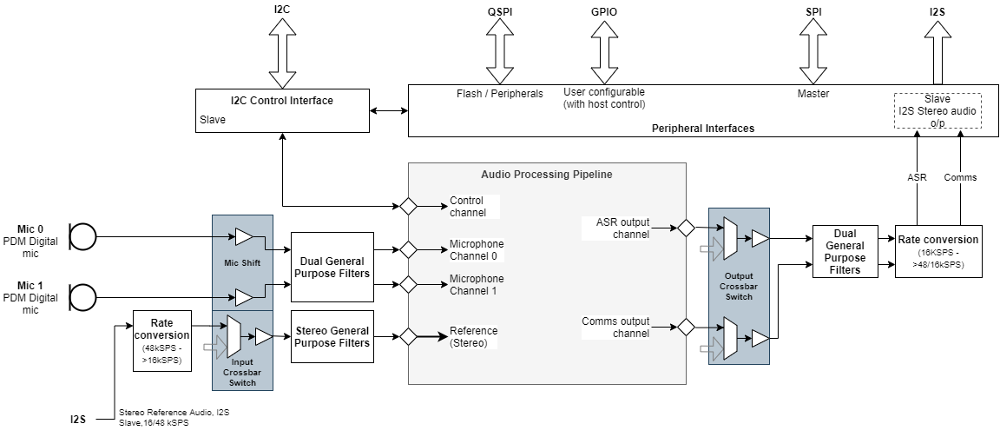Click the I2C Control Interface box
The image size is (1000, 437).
(282, 111)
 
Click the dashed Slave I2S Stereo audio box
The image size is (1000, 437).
(937, 110)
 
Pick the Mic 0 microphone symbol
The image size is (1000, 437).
(82, 235)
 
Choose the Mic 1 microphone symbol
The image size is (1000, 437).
(82, 296)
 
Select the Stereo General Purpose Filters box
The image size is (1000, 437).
(332, 336)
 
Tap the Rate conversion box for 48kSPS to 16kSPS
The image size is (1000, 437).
(161, 341)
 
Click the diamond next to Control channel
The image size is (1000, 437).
(407, 206)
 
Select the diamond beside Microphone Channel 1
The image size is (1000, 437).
(407, 284)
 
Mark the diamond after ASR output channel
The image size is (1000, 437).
(686, 228)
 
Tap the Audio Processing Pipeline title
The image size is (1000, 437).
(547, 174)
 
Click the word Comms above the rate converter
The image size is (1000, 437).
(960, 177)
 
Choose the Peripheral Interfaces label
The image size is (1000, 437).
(702, 128)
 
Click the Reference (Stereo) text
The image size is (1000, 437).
(474, 336)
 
